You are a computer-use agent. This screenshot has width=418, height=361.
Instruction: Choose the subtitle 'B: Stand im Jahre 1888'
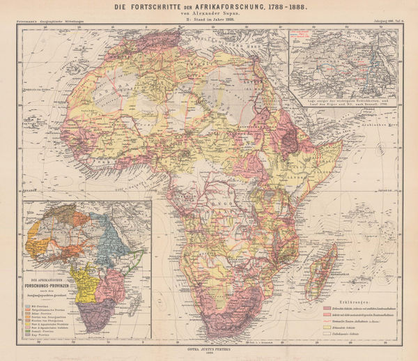click(x=208, y=21)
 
